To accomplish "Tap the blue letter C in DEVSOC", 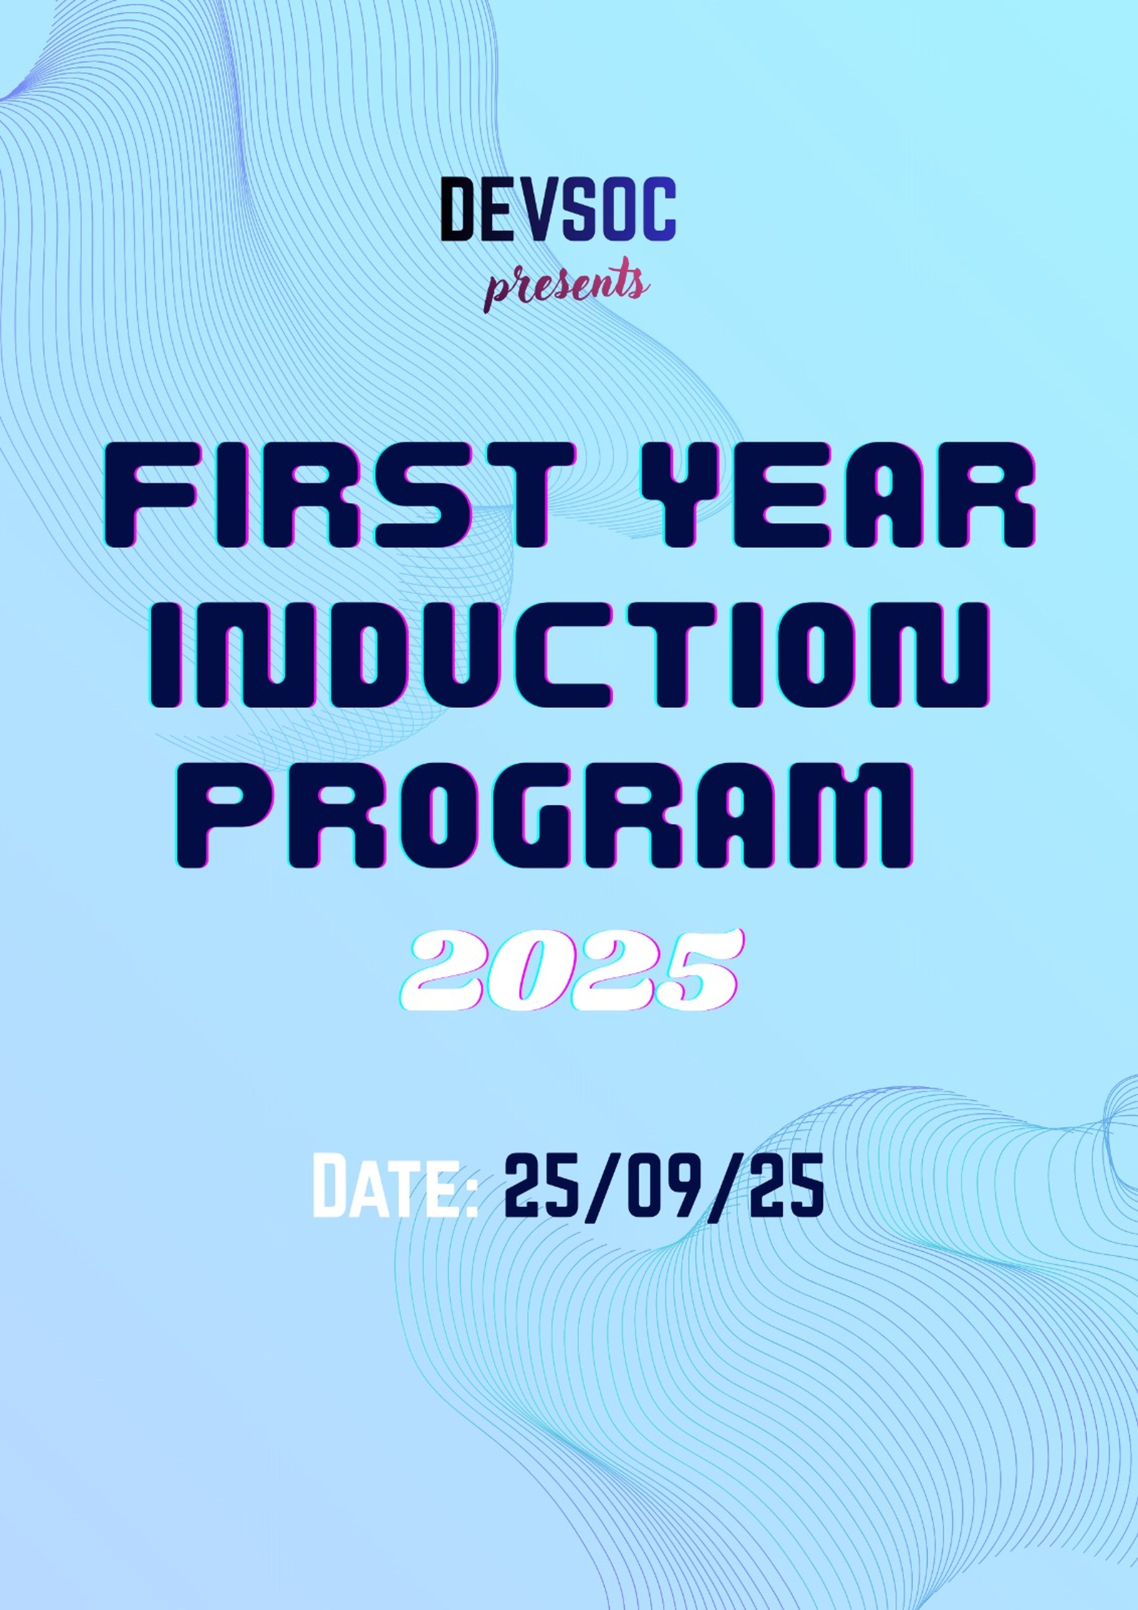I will (x=656, y=209).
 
